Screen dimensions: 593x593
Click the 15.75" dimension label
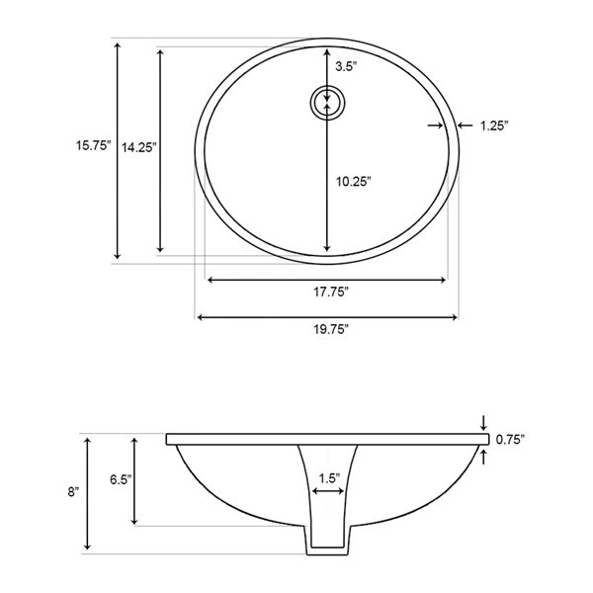(x=94, y=145)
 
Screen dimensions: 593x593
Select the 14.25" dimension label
(x=138, y=147)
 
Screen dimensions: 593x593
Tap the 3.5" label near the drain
(x=346, y=67)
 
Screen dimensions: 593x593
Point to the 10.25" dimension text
(x=354, y=182)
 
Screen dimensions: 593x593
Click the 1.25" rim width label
(x=494, y=126)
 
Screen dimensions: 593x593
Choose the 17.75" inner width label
(x=331, y=292)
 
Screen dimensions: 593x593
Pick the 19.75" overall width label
(x=331, y=329)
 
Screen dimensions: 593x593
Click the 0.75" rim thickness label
(x=510, y=440)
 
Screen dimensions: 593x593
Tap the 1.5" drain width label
(x=329, y=478)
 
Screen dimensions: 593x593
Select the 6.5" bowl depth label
(x=121, y=479)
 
